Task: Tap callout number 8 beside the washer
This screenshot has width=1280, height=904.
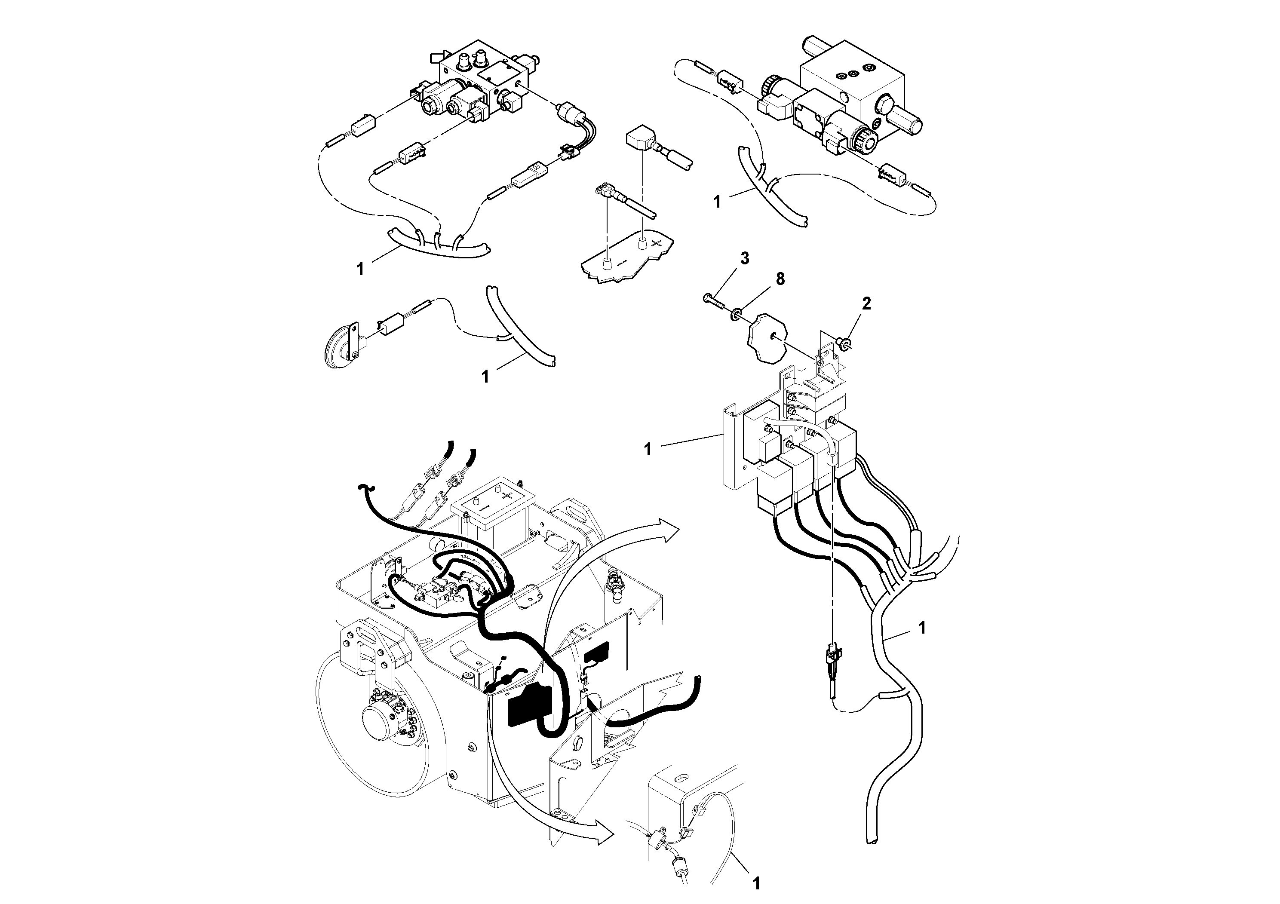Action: tap(780, 279)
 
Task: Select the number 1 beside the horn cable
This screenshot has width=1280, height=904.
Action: tap(485, 377)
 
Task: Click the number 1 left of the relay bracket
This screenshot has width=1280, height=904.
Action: tap(647, 449)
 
